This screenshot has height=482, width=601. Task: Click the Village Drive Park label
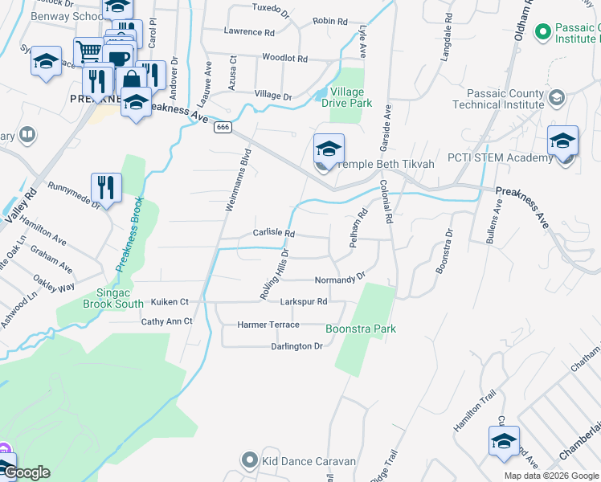point(347,97)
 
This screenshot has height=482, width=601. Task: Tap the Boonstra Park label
point(361,329)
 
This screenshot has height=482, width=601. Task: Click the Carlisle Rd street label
point(275,234)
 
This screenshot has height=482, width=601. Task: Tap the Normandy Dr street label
point(339,280)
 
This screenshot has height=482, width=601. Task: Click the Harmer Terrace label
point(268,325)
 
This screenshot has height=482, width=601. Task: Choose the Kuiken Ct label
point(170,302)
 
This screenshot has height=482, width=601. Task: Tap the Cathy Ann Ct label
point(167,321)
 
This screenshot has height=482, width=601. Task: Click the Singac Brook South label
point(113,298)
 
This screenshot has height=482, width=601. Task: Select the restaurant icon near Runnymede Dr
point(106,188)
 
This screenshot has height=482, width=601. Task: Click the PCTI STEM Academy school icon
point(562,141)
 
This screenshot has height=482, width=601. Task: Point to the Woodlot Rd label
point(285,59)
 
